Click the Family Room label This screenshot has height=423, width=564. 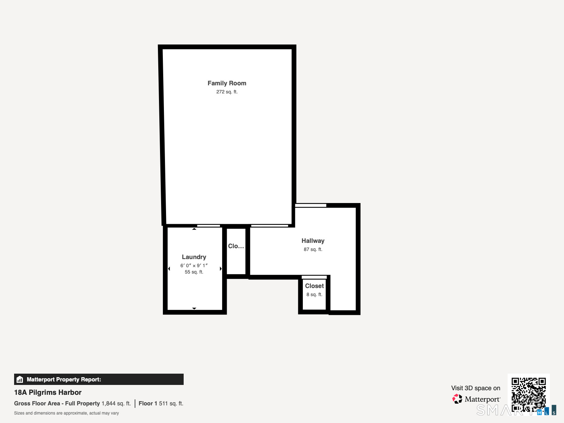pyautogui.click(x=227, y=83)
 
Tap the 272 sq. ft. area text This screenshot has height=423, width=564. pyautogui.click(x=227, y=92)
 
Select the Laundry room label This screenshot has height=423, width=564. pyautogui.click(x=194, y=257)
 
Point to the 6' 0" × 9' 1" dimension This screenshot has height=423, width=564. pyautogui.click(x=194, y=265)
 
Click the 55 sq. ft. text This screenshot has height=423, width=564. pyautogui.click(x=194, y=272)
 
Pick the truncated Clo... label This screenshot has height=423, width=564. pyautogui.click(x=236, y=246)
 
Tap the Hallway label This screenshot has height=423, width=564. pyautogui.click(x=313, y=241)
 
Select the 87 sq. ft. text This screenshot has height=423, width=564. pyautogui.click(x=313, y=249)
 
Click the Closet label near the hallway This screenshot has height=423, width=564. pyautogui.click(x=314, y=286)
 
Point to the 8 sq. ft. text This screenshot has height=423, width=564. pyautogui.click(x=314, y=294)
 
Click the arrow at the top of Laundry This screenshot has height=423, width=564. pyautogui.click(x=194, y=229)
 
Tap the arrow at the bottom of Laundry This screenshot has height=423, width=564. pyautogui.click(x=194, y=308)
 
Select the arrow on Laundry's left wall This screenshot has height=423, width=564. pyautogui.click(x=169, y=269)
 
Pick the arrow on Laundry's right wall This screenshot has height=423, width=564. pyautogui.click(x=221, y=269)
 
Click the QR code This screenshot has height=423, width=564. pyautogui.click(x=528, y=394)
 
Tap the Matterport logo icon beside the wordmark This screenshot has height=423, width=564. pyautogui.click(x=457, y=399)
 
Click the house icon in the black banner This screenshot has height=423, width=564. pyautogui.click(x=20, y=379)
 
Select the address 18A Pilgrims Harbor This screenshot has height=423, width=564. pyautogui.click(x=48, y=392)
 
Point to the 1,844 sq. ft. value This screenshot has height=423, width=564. pyautogui.click(x=116, y=403)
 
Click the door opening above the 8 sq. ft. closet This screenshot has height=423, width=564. pyautogui.click(x=314, y=277)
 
